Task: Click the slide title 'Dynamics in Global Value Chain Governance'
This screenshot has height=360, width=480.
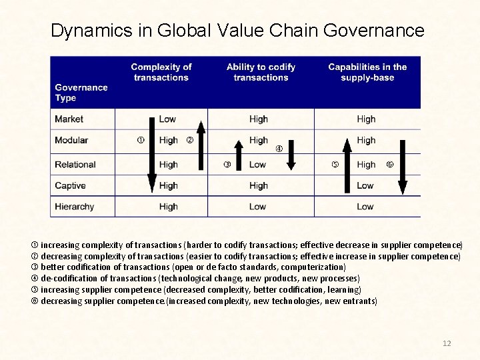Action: tap(237, 31)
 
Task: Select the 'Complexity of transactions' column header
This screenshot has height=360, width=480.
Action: tap(161, 72)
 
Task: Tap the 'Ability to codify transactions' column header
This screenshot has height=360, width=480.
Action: tap(261, 72)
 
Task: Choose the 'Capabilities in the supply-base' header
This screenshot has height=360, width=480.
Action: tap(367, 72)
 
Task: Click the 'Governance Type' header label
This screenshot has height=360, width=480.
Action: tap(81, 93)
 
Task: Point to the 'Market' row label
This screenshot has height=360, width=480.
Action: tap(69, 119)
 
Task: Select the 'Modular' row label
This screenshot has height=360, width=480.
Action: tap(71, 141)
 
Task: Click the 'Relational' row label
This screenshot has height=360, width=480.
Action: tap(75, 165)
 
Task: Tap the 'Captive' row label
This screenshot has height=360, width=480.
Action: tap(70, 186)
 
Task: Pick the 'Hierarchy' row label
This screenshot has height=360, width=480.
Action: tap(75, 207)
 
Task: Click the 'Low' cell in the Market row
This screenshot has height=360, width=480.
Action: tap(167, 119)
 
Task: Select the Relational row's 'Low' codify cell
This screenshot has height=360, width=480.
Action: tap(257, 165)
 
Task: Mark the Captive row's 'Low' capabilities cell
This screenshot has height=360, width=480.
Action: tap(365, 186)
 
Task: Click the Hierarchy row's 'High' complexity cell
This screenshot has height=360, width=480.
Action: tap(169, 207)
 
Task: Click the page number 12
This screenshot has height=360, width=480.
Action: tap(447, 343)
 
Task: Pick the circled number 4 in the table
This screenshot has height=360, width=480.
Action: tap(279, 148)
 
